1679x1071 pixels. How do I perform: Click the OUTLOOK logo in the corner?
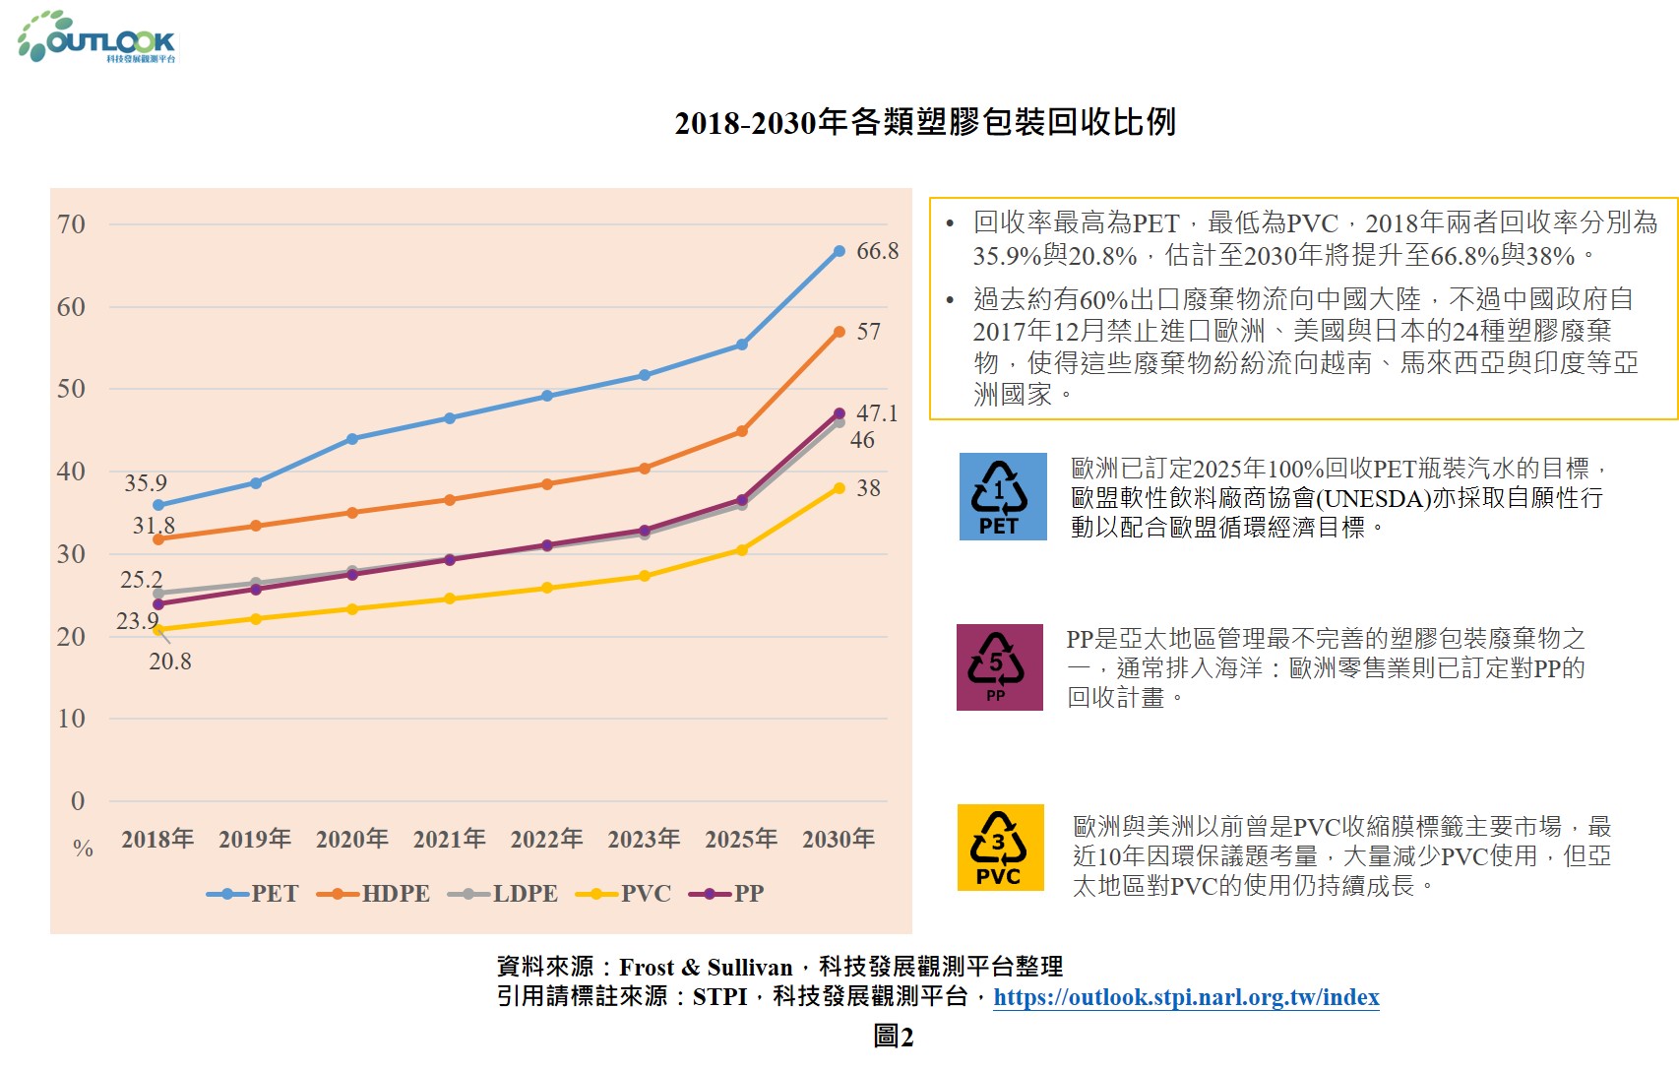(x=96, y=38)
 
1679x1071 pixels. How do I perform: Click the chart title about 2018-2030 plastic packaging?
(x=925, y=122)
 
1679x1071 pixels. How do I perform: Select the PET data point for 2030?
(x=839, y=252)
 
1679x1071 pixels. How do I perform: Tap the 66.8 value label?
(x=877, y=251)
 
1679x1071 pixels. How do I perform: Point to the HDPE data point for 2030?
(x=839, y=333)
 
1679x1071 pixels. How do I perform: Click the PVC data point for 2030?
(x=839, y=488)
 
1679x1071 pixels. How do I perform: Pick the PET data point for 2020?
(x=352, y=439)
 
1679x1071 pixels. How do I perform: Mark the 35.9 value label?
(x=146, y=483)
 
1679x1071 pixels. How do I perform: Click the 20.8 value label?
(x=170, y=661)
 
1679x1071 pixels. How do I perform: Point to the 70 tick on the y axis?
(x=72, y=224)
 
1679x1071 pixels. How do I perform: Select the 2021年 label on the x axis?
(x=449, y=839)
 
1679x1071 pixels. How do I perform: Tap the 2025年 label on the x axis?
(x=741, y=839)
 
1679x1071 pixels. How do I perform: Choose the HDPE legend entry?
(x=374, y=894)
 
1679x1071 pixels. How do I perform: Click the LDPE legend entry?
(x=503, y=894)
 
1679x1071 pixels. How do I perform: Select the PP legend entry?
(x=727, y=894)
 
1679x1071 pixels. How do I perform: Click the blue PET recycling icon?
(x=1003, y=496)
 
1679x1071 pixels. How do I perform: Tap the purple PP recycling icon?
(x=999, y=667)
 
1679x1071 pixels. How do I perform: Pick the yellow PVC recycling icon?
(x=1000, y=848)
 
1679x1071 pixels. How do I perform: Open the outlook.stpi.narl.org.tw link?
(x=1186, y=997)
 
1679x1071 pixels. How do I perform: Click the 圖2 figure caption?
(x=893, y=1037)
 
